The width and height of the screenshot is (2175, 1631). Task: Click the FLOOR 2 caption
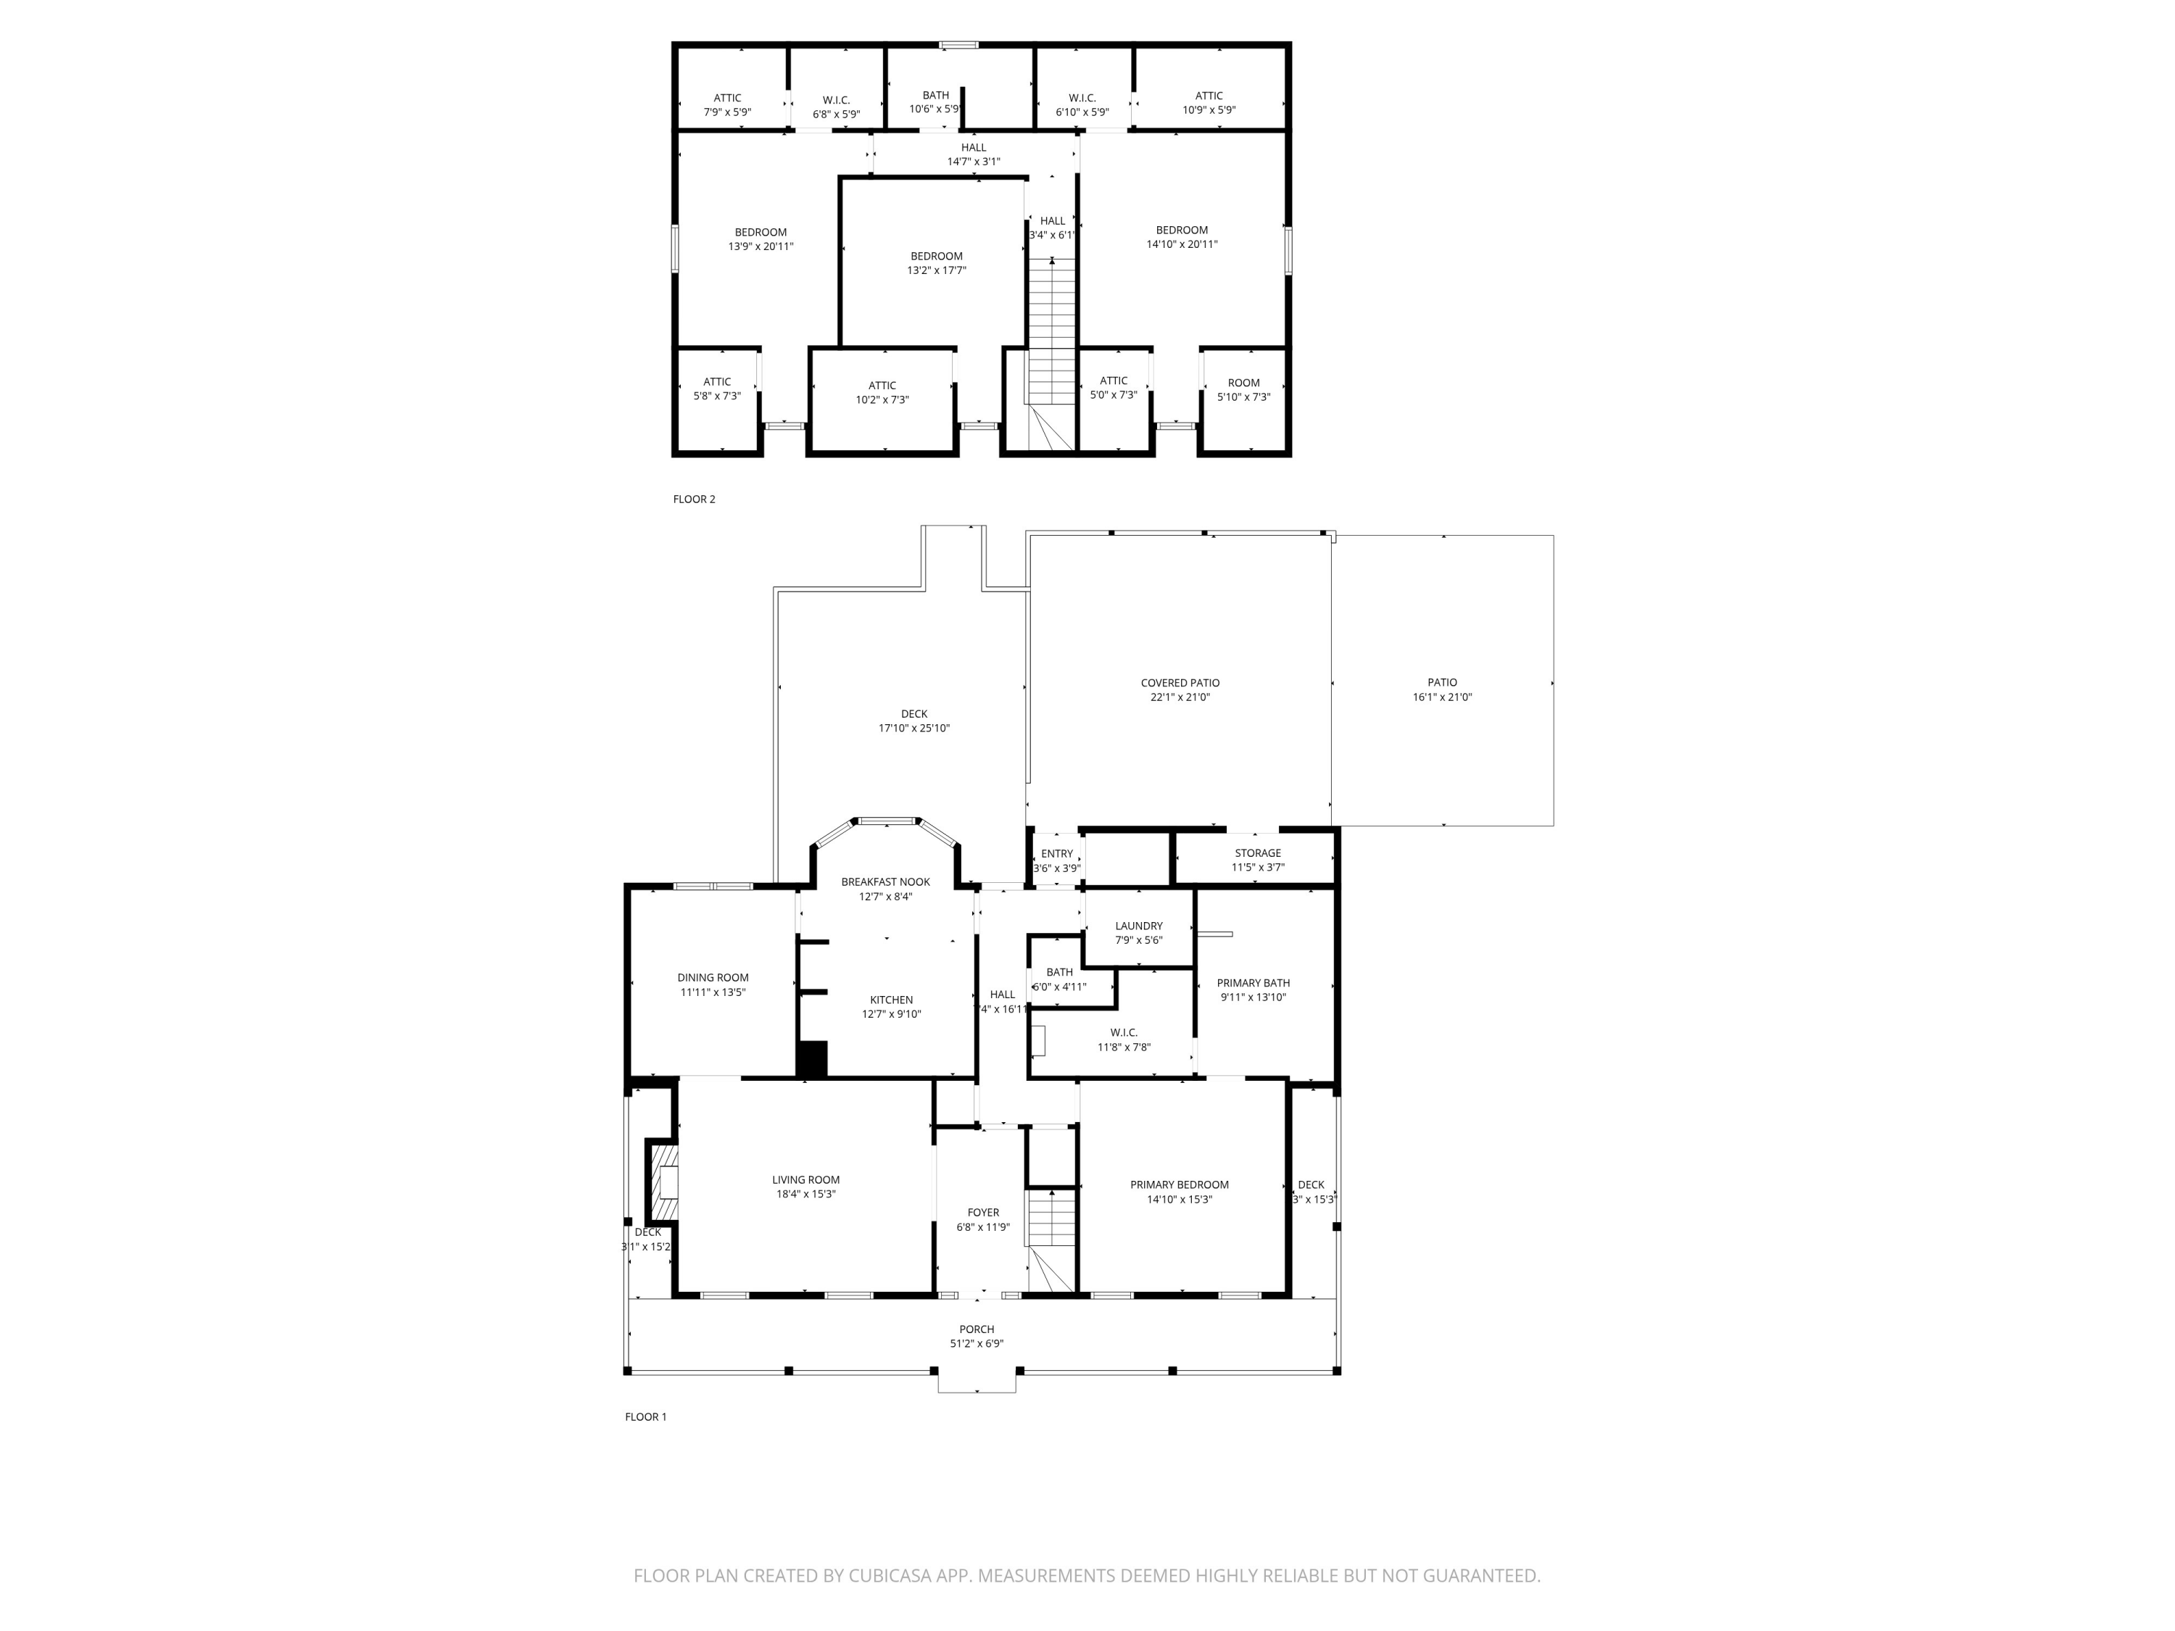click(x=695, y=499)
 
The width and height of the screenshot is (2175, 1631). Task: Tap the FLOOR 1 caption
click(x=646, y=1416)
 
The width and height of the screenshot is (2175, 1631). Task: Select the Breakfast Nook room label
click(x=885, y=882)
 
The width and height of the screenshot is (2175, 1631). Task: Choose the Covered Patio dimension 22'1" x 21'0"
click(x=1180, y=697)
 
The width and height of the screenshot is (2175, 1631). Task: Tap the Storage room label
click(x=1258, y=853)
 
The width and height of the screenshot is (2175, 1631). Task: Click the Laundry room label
click(x=1139, y=926)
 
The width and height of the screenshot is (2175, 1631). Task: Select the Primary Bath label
click(x=1253, y=983)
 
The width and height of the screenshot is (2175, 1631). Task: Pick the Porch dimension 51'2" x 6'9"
click(x=977, y=1344)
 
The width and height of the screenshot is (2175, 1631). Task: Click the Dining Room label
click(x=713, y=977)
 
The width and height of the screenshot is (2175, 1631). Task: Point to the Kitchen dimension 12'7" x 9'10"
click(x=891, y=1015)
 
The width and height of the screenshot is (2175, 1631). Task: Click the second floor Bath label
click(x=935, y=96)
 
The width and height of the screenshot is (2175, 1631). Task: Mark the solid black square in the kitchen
click(x=812, y=1059)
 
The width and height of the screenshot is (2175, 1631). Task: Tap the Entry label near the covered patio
click(x=1057, y=853)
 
